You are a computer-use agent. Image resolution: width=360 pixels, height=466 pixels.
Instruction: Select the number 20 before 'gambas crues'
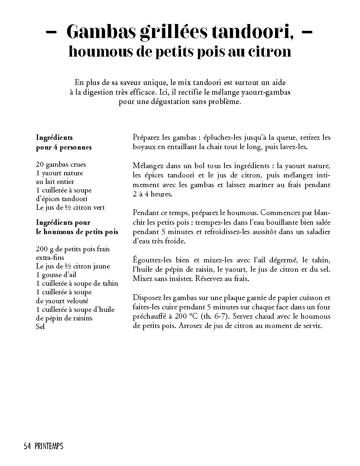[40, 165]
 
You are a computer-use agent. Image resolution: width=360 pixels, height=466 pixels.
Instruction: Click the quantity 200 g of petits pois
[45, 249]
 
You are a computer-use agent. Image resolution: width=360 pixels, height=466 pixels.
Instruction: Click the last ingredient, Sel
[41, 327]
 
